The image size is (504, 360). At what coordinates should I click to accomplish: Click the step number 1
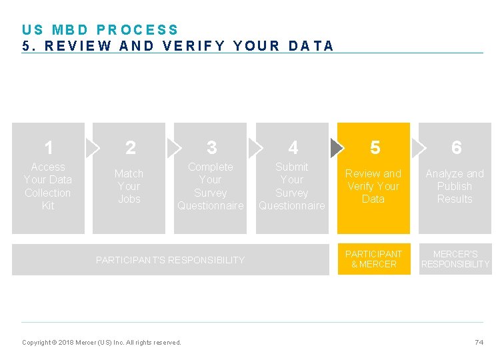[x=49, y=147]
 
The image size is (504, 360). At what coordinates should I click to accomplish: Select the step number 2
[x=130, y=147]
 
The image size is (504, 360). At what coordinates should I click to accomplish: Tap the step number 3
[x=211, y=147]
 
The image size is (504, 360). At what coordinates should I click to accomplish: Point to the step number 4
[x=293, y=147]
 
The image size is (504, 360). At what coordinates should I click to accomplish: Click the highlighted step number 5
[x=375, y=147]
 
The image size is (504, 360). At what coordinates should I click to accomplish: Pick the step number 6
[x=456, y=147]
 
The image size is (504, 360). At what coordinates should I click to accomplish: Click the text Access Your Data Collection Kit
[x=48, y=186]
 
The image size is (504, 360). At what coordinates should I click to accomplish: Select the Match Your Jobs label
[x=129, y=186]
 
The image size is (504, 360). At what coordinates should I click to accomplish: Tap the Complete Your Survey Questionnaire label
[x=211, y=186]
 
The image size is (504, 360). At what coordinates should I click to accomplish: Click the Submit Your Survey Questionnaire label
[x=292, y=186]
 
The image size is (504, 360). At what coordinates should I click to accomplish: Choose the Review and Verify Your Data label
[x=373, y=186]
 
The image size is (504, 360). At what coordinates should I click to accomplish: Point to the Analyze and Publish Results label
[x=455, y=186]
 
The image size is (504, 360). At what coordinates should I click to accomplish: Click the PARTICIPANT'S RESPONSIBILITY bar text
[x=170, y=260]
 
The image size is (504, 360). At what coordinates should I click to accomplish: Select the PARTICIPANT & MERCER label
[x=373, y=259]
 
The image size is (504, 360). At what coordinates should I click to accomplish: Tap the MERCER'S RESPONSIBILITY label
[x=455, y=259]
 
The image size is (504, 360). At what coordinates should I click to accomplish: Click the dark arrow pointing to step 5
[x=337, y=147]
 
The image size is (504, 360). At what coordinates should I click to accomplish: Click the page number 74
[x=479, y=342]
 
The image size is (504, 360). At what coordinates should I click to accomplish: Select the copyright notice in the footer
[x=101, y=343]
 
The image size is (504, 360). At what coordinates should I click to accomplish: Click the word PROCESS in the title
[x=138, y=30]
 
